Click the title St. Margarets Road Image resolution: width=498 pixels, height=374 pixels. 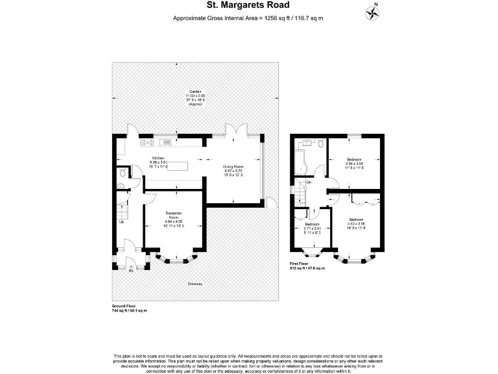pos(248,6)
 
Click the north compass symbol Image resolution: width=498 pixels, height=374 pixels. pos(373,10)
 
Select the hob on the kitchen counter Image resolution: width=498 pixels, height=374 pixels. pos(147,142)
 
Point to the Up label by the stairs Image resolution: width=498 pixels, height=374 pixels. pos(121,222)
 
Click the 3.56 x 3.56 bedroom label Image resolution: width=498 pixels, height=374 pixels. pos(354,163)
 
